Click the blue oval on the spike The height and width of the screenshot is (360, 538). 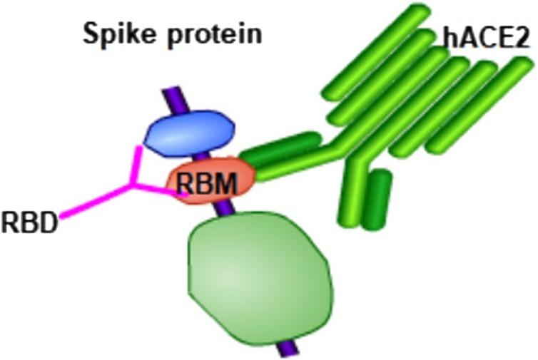click(190, 132)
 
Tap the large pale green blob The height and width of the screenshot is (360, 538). click(260, 273)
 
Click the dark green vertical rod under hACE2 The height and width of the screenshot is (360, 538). click(375, 200)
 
